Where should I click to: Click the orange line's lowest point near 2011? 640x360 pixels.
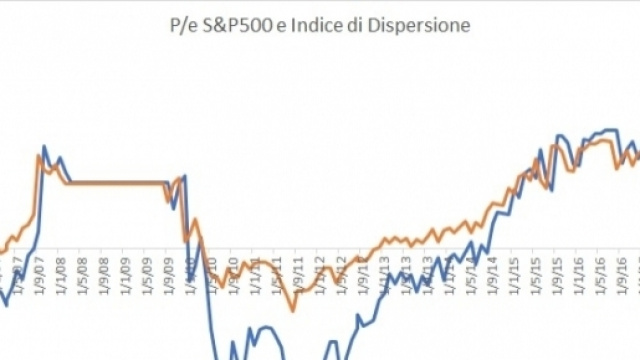292,310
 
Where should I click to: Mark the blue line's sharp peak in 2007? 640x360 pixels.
44,147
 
